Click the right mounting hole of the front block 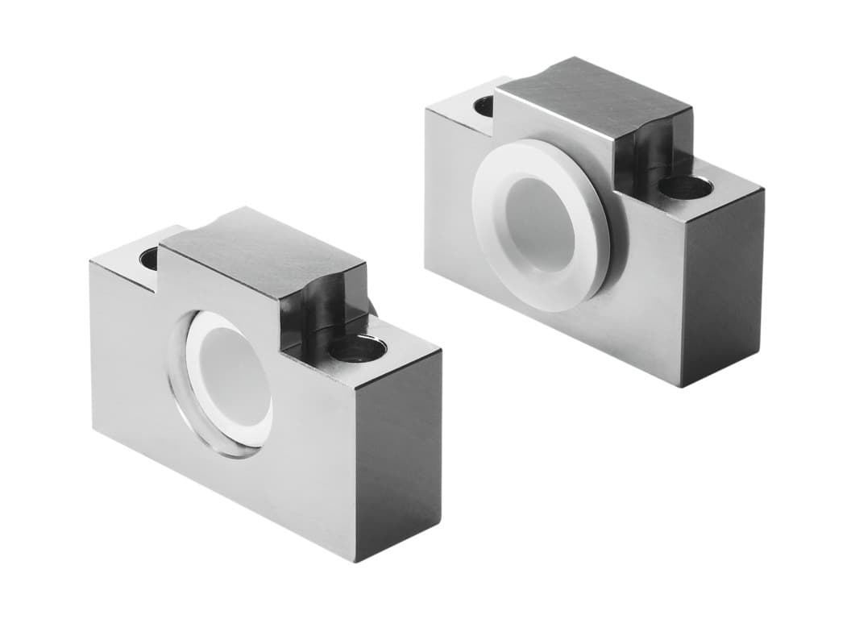[358, 348]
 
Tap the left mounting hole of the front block [150, 258]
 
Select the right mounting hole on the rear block [686, 186]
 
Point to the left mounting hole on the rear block [485, 106]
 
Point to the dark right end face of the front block [400, 451]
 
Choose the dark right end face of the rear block [722, 282]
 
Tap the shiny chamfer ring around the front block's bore [179, 379]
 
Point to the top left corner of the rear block [426, 111]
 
